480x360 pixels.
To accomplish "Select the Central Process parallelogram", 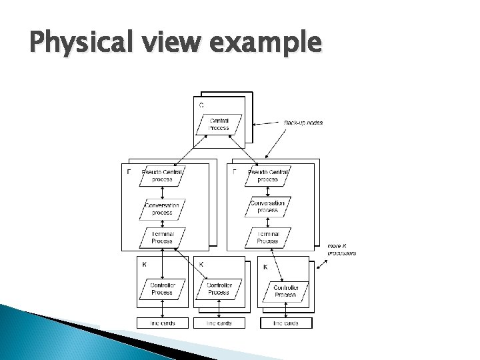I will click(219, 123).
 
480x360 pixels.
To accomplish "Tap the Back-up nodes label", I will click(303, 123).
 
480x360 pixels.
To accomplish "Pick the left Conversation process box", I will click(162, 209).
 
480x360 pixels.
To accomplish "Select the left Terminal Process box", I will click(162, 237).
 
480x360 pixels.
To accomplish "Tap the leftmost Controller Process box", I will click(161, 289).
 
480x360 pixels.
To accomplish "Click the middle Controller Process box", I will click(218, 289).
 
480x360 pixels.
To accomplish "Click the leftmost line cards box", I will click(162, 323).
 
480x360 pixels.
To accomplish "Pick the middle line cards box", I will click(218, 323).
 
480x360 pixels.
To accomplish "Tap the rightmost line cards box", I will click(285, 323).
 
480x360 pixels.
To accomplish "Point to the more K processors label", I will click(341, 250).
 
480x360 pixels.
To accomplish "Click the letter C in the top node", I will click(201, 105).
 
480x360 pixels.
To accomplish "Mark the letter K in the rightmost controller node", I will click(265, 267).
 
